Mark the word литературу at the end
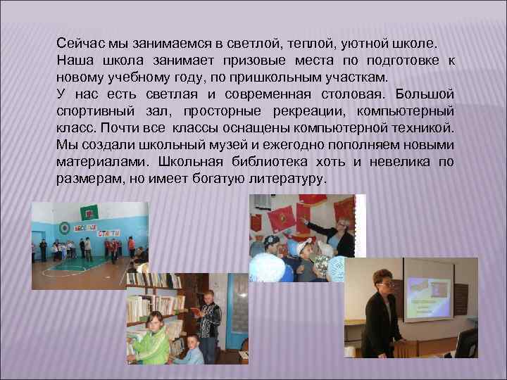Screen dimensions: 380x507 click(x=285, y=179)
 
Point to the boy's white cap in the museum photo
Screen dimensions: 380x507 click(x=305, y=248)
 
